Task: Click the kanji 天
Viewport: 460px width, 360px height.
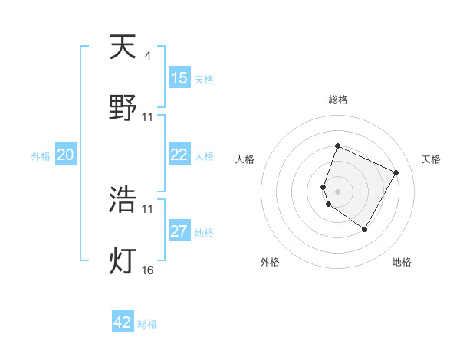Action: point(123,48)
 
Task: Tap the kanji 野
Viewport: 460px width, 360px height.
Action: point(123,107)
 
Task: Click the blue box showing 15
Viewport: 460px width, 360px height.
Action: point(179,78)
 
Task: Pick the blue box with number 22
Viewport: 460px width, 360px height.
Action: point(179,155)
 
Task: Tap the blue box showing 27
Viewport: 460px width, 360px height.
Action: point(179,231)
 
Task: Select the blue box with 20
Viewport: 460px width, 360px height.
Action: point(66,155)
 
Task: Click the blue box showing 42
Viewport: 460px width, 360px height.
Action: point(123,322)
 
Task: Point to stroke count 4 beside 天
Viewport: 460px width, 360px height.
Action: point(147,56)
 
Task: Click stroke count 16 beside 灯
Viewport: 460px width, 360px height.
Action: point(148,270)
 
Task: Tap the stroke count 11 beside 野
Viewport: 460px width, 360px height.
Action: point(148,117)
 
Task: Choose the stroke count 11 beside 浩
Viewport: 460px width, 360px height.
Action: point(148,208)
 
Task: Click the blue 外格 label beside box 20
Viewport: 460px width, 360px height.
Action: point(41,155)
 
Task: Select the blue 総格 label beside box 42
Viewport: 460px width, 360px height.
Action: point(147,324)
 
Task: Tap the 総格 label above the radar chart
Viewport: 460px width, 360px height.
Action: point(337,100)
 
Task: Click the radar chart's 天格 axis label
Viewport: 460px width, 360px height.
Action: point(431,159)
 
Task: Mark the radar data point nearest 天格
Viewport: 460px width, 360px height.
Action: point(396,172)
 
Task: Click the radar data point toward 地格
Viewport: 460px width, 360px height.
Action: point(365,229)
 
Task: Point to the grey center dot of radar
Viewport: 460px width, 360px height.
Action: point(337,191)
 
